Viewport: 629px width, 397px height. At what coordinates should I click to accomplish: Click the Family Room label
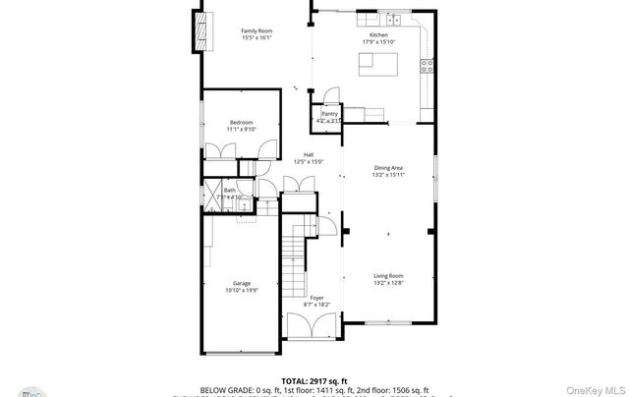tap(257, 30)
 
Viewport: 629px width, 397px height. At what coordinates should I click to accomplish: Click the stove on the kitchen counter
tap(428, 67)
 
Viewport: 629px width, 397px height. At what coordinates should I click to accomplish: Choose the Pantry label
tap(329, 114)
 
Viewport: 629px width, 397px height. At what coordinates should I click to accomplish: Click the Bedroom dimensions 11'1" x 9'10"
tap(241, 129)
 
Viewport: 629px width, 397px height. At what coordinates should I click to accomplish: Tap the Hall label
tap(308, 155)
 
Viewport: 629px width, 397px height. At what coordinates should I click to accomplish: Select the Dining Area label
tap(389, 168)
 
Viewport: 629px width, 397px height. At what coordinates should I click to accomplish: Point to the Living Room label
tap(389, 276)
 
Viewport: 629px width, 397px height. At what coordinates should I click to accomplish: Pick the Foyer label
tap(316, 297)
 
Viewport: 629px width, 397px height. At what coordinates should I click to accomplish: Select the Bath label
tap(229, 191)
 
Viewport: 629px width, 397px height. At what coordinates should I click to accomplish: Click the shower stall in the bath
tap(212, 195)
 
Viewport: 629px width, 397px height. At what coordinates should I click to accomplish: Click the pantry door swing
tap(331, 95)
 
